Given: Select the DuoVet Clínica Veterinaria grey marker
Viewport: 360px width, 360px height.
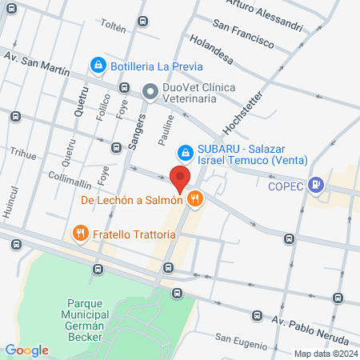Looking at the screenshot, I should (x=150, y=93).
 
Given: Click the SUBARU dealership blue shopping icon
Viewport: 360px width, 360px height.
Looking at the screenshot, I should (x=185, y=150).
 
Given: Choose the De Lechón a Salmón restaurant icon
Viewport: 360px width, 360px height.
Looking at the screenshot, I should (x=193, y=199).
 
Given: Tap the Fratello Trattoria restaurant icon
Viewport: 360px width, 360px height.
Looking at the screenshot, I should (x=79, y=234).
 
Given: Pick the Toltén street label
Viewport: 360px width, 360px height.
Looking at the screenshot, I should (x=113, y=27).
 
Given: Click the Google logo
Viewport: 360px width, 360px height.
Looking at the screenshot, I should (x=26, y=350).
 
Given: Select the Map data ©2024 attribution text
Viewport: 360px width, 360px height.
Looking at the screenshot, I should (x=325, y=354).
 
